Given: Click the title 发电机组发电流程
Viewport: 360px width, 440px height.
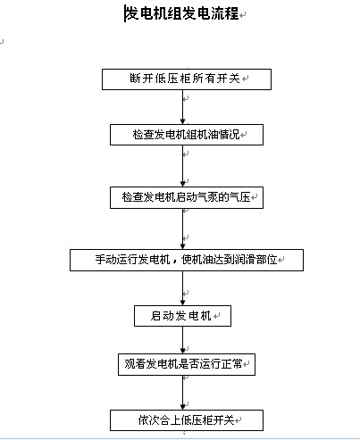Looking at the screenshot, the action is (x=182, y=13).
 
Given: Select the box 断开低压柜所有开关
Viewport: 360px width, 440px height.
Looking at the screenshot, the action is (x=187, y=79).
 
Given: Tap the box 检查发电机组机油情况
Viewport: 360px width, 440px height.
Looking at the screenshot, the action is (x=187, y=135).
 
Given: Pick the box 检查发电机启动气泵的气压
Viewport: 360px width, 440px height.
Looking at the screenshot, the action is (x=187, y=197).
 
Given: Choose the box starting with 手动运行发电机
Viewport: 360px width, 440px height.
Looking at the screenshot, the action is (x=187, y=260).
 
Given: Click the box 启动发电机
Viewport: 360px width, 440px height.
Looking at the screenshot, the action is (x=182, y=316).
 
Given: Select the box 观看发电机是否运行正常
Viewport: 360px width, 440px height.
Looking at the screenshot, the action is (x=187, y=364).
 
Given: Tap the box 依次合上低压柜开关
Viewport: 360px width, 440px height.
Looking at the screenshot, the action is (x=187, y=420).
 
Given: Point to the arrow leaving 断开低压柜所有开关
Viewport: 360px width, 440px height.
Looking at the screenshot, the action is (x=183, y=107).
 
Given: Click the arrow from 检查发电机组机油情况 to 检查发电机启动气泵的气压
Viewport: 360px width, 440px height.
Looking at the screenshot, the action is (x=183, y=166).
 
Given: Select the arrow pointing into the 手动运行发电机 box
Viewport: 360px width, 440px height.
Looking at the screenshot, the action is (x=183, y=229).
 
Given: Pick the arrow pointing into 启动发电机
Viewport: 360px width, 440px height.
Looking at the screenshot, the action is (x=183, y=288).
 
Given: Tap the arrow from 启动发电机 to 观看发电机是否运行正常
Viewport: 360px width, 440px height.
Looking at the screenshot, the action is (x=183, y=340).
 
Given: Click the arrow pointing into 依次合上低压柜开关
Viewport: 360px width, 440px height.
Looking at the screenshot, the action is (x=183, y=393).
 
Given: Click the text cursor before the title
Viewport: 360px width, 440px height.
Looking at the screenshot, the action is (x=124, y=13).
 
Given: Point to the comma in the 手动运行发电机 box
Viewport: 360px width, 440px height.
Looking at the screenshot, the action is (x=175, y=262).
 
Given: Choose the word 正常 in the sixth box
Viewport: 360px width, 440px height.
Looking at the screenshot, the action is (x=232, y=364).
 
